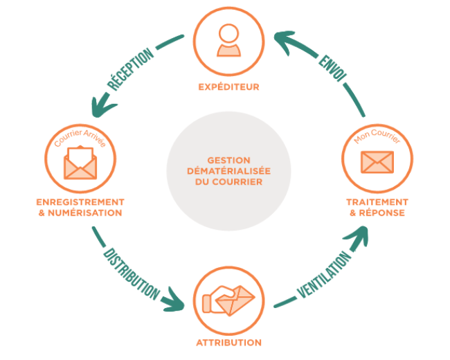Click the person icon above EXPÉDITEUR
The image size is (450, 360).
click(x=228, y=40)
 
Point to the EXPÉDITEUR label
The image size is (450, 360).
click(x=228, y=87)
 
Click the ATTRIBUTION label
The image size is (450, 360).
click(x=228, y=343)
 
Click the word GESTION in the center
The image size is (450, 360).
click(x=228, y=160)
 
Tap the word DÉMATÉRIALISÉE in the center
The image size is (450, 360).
click(x=228, y=171)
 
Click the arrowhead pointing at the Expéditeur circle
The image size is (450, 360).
click(x=281, y=39)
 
